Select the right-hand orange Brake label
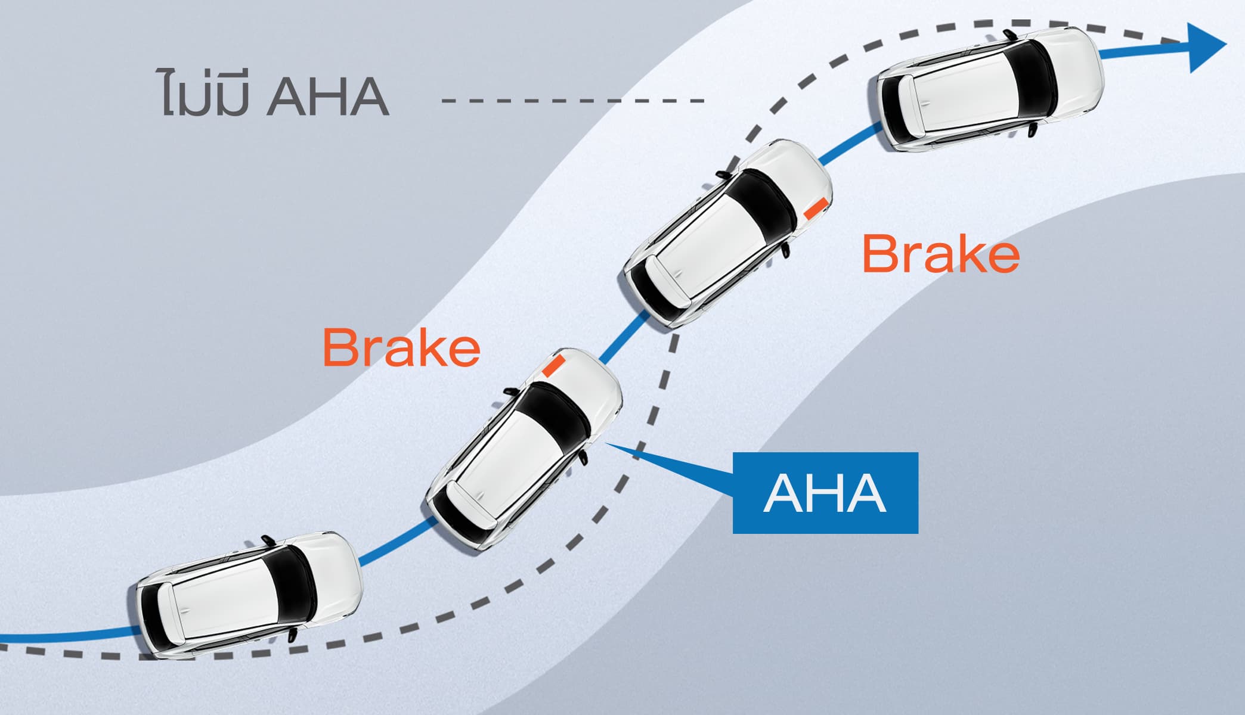[940, 254]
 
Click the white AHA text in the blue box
[825, 493]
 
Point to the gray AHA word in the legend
[328, 97]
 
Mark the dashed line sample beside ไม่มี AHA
[572, 100]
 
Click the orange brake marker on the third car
[815, 207]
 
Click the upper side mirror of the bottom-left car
[267, 540]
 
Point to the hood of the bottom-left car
[337, 572]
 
